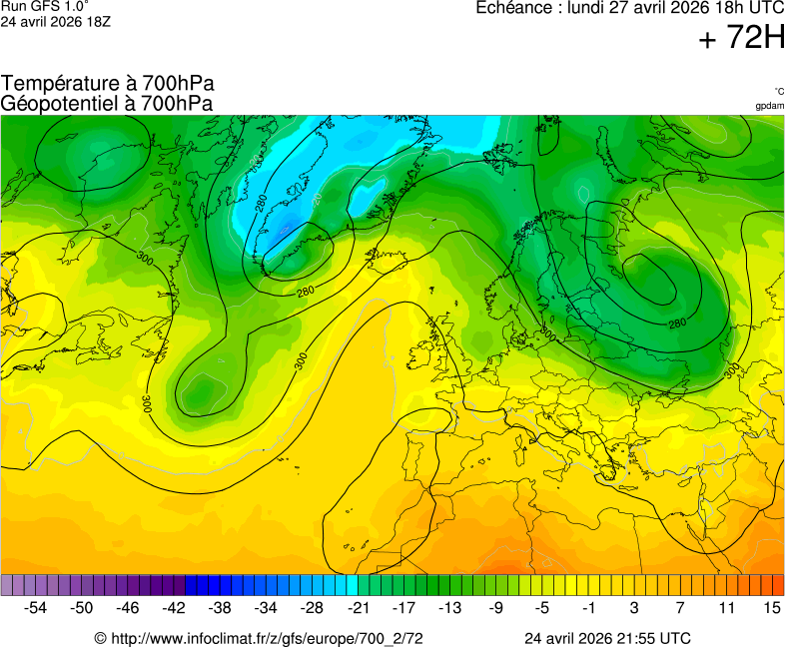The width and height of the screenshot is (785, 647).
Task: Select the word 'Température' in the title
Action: coord(59,84)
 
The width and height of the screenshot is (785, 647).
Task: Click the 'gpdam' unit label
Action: coord(769,106)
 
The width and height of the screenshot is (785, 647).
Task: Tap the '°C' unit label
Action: coord(778,91)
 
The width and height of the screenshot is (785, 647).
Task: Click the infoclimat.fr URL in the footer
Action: coord(266,638)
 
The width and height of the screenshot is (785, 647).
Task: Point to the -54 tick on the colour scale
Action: coord(36,607)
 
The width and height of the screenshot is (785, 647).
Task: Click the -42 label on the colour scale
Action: coord(174,607)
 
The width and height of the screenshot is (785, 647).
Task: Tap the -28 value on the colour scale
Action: coord(313,607)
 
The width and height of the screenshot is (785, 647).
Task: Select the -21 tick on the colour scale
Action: coord(359,607)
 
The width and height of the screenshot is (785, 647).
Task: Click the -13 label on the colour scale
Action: coord(450,607)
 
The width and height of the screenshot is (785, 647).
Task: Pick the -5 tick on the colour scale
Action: coord(542,607)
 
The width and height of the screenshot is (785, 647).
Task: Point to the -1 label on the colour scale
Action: coord(588,607)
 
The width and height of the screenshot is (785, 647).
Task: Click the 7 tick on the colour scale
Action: coord(680,607)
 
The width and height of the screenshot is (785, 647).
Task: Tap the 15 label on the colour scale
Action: coord(771,607)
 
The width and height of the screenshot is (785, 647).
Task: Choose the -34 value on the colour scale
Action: coord(266,607)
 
